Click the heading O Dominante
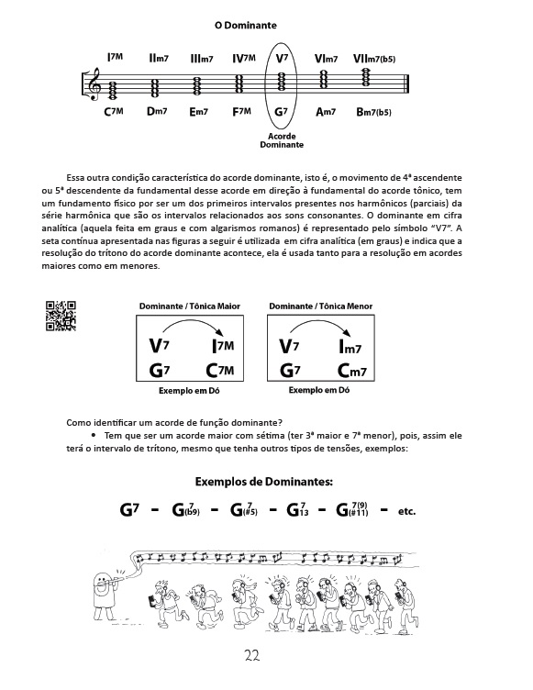pyautogui.click(x=246, y=25)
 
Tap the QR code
pyautogui.click(x=61, y=315)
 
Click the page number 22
pyautogui.click(x=252, y=656)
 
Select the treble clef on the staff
pyautogui.click(x=94, y=83)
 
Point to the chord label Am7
pyautogui.click(x=326, y=112)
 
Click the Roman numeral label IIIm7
pyautogui.click(x=202, y=58)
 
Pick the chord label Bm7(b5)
pyautogui.click(x=373, y=112)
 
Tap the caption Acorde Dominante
pyautogui.click(x=282, y=140)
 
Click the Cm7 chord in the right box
pyautogui.click(x=351, y=371)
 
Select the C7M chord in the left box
pyautogui.click(x=220, y=371)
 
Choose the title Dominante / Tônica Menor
pyautogui.click(x=321, y=306)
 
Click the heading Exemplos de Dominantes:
pyautogui.click(x=264, y=482)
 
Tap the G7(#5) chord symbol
pyautogui.click(x=244, y=509)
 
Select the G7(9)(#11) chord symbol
pyautogui.click(x=352, y=509)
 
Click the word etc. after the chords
pyautogui.click(x=406, y=511)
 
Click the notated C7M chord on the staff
pyautogui.click(x=114, y=90)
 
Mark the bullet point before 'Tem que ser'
pyautogui.click(x=94, y=435)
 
